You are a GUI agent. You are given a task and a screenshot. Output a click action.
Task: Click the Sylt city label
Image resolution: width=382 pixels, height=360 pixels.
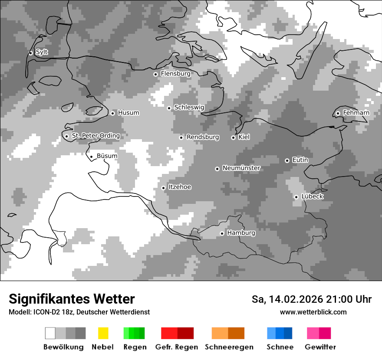[42, 52]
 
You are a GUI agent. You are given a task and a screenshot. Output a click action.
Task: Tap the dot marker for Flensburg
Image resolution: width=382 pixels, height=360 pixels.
[155, 74]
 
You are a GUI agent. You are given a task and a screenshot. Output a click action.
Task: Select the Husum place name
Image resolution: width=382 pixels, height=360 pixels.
[128, 113]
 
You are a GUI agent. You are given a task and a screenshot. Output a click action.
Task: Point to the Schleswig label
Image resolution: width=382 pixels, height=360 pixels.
[189, 108]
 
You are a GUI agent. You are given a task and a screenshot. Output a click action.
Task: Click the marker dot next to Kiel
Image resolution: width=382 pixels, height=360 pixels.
[233, 137]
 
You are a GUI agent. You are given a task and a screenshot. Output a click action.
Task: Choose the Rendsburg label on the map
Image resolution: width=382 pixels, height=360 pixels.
[202, 137]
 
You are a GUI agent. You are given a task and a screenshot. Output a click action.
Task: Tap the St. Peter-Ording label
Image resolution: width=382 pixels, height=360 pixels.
[95, 136]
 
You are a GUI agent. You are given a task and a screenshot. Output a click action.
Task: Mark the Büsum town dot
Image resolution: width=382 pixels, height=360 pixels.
[91, 157]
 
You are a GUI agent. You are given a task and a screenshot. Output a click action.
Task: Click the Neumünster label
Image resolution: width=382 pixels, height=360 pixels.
[241, 168]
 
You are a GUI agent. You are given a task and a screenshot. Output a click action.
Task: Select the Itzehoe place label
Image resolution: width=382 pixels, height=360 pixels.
[180, 187]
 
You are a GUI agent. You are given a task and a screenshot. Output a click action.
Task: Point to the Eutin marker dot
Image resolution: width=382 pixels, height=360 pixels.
[287, 160]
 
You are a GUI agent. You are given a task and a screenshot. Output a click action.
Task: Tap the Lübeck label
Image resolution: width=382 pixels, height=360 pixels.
[312, 196]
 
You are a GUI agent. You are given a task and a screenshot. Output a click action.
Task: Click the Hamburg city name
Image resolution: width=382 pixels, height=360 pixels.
[241, 233]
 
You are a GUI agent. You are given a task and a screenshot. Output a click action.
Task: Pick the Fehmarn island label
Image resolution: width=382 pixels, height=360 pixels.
[356, 113]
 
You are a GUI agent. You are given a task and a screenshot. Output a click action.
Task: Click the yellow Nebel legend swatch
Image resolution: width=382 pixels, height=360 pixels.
[103, 333]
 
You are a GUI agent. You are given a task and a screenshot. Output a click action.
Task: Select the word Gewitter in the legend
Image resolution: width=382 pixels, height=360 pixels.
[320, 347]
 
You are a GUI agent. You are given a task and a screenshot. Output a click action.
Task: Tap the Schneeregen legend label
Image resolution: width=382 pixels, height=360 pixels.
[229, 347]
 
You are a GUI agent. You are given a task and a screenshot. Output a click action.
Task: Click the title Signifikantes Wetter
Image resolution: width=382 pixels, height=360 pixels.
[72, 299]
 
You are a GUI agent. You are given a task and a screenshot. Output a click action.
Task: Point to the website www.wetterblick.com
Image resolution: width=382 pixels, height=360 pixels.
[313, 312]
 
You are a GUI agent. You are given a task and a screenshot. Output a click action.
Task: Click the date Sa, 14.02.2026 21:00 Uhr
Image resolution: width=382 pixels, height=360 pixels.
[311, 299]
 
